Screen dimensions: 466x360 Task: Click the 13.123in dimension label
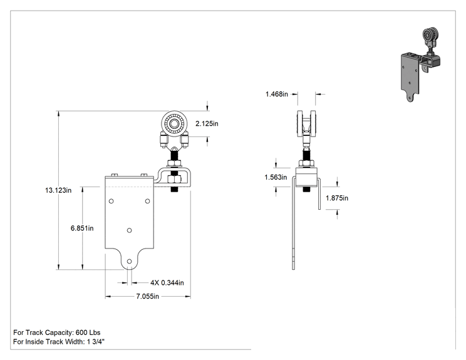click(x=58, y=190)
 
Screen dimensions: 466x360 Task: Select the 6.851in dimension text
click(x=82, y=228)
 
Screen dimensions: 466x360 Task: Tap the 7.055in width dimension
click(x=148, y=296)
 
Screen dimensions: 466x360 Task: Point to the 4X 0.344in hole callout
click(x=167, y=282)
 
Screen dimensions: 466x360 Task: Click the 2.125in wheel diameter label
click(x=207, y=123)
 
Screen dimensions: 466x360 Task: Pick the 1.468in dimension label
click(x=277, y=94)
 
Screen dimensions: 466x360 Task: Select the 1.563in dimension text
click(x=276, y=177)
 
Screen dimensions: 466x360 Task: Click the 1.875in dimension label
click(x=337, y=198)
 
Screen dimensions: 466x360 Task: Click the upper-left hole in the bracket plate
click(x=111, y=201)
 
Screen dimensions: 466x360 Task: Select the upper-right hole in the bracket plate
click(x=147, y=201)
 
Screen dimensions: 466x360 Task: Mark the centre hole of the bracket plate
click(x=129, y=230)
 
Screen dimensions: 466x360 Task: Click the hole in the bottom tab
click(x=129, y=261)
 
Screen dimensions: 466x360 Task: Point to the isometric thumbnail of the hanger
click(x=420, y=64)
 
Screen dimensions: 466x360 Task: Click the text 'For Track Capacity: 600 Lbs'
click(x=57, y=332)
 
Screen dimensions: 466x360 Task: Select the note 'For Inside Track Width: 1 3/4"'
click(x=59, y=342)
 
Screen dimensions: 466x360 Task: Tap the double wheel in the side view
click(x=306, y=123)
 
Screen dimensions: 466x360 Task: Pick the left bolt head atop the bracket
click(x=115, y=175)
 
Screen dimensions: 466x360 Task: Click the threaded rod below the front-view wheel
click(x=175, y=155)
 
